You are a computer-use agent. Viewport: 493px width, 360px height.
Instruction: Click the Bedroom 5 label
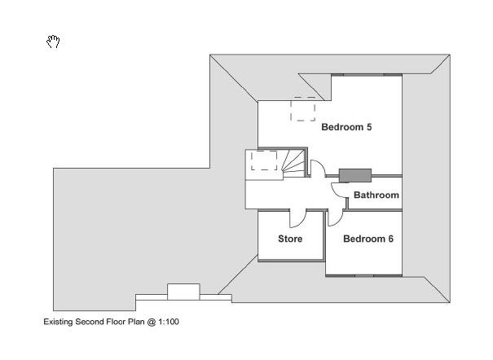(x=346, y=127)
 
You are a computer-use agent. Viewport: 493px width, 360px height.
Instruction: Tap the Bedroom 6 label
(x=368, y=239)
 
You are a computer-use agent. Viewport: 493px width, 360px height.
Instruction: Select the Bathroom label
(x=376, y=195)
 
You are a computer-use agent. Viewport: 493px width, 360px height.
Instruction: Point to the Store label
(x=290, y=239)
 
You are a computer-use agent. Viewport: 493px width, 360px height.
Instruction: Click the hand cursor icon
(x=53, y=42)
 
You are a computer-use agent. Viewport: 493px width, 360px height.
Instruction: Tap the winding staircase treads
(x=293, y=164)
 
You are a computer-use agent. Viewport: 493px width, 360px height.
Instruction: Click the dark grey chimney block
(x=355, y=176)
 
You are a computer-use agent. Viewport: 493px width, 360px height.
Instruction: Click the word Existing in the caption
(x=58, y=322)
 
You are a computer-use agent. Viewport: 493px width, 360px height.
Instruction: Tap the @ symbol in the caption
(x=152, y=322)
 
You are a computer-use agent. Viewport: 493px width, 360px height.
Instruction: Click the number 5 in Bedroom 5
(x=369, y=127)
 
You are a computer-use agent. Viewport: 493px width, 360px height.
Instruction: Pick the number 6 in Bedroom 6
(x=390, y=239)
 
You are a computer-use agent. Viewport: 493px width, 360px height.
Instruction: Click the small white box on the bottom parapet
(x=183, y=292)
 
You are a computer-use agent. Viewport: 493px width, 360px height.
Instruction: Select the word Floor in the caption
(x=116, y=322)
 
